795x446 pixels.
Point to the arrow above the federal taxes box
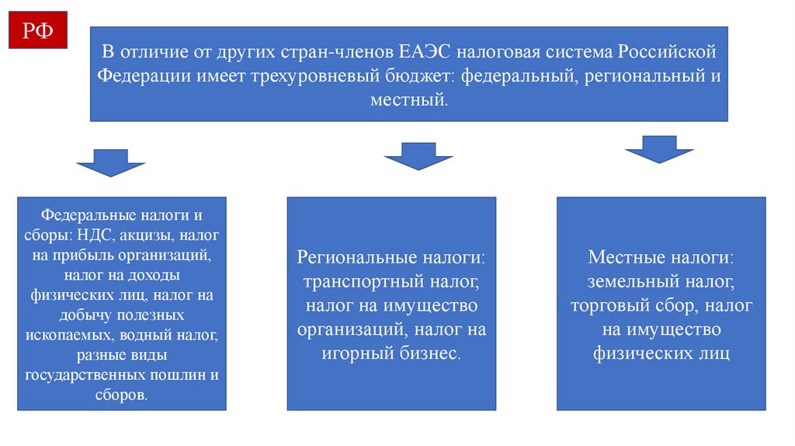tap(111, 163)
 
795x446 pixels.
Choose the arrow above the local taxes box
tap(658, 149)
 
